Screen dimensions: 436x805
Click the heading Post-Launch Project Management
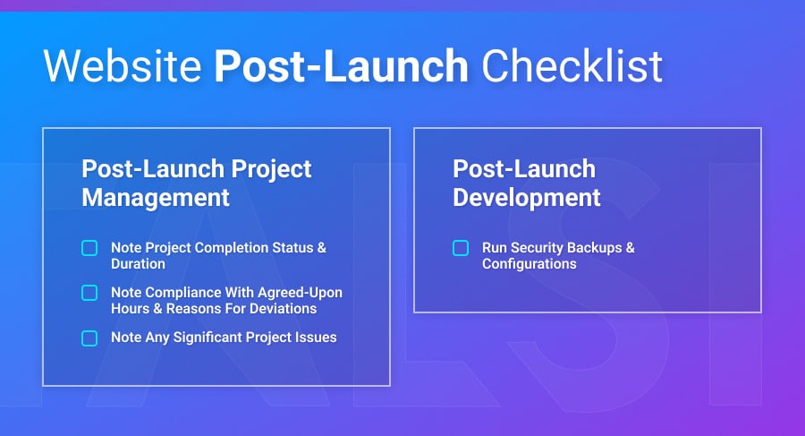tap(197, 183)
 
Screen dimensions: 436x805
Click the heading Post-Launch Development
tap(526, 183)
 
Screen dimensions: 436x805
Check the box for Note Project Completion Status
tap(89, 248)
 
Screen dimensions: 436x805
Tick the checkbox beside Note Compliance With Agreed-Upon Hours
tap(89, 293)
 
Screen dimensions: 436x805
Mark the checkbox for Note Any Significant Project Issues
tap(89, 338)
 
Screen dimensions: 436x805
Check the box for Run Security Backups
tap(461, 248)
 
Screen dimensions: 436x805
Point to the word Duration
tap(138, 264)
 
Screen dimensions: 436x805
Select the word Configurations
tap(529, 264)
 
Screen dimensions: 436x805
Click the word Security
tap(539, 247)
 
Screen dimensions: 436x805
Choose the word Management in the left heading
tap(156, 197)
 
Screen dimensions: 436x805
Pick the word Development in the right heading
tap(526, 197)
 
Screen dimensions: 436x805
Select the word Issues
tap(316, 338)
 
